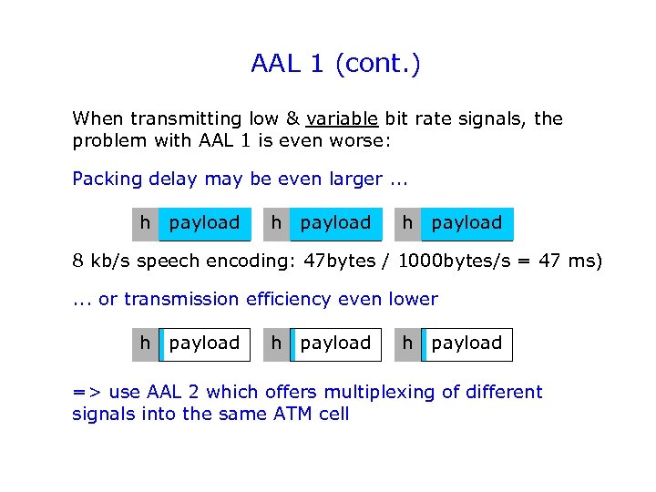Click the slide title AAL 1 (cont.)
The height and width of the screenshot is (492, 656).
click(335, 65)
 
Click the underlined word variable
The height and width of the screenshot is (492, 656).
click(342, 119)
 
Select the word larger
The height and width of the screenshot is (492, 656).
click(350, 179)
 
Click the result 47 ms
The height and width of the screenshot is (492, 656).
click(571, 261)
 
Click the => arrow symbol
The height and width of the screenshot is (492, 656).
click(87, 393)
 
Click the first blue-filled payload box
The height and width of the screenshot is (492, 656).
click(205, 223)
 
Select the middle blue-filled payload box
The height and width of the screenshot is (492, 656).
click(335, 223)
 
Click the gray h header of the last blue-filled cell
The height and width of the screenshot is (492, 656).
click(407, 223)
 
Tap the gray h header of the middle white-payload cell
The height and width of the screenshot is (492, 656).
click(276, 343)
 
